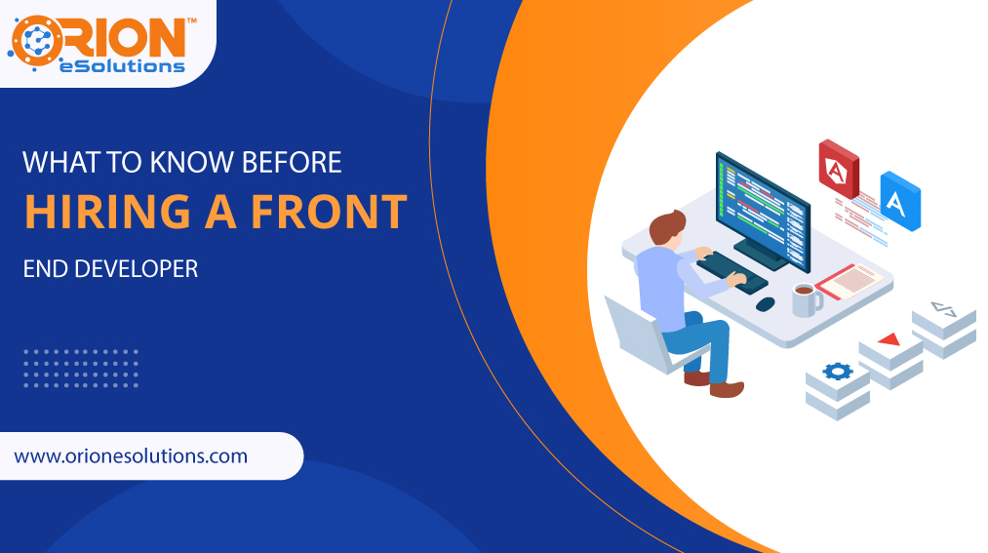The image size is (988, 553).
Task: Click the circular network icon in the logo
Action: tap(37, 45)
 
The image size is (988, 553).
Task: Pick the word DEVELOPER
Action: tap(137, 267)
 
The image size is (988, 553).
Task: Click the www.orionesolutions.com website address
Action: tap(131, 455)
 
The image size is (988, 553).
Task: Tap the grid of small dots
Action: tap(80, 368)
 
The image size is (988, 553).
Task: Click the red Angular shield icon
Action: tap(838, 169)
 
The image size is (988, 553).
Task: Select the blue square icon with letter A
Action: tap(899, 200)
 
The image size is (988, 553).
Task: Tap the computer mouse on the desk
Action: tap(766, 303)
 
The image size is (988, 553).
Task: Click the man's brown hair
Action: tap(667, 228)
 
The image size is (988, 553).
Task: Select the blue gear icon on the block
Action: tap(837, 371)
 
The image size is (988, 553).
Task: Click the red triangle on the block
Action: tap(888, 339)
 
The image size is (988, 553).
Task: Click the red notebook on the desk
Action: tap(848, 282)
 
